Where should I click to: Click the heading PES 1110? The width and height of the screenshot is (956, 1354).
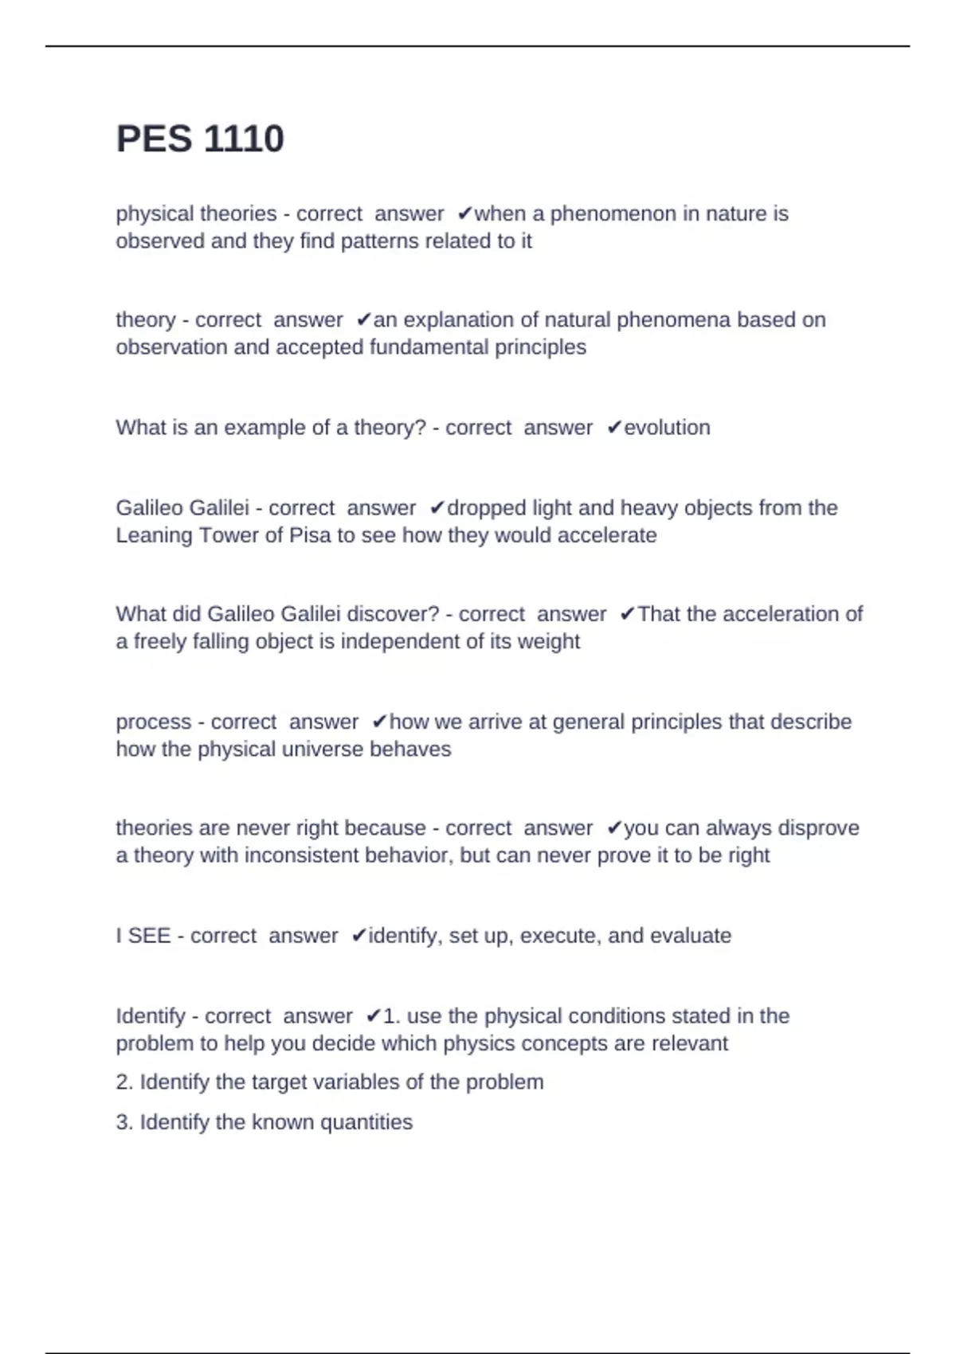(200, 139)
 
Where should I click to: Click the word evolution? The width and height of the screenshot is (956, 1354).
(667, 428)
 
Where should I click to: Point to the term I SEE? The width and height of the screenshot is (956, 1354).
(143, 935)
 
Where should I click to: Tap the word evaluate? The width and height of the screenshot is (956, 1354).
(691, 935)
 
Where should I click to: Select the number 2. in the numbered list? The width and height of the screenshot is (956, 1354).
(124, 1082)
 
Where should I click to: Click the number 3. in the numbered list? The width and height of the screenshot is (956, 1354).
(124, 1122)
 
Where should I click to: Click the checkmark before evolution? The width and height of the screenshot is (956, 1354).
(614, 428)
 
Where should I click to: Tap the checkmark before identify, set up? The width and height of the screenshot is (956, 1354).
(359, 935)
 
